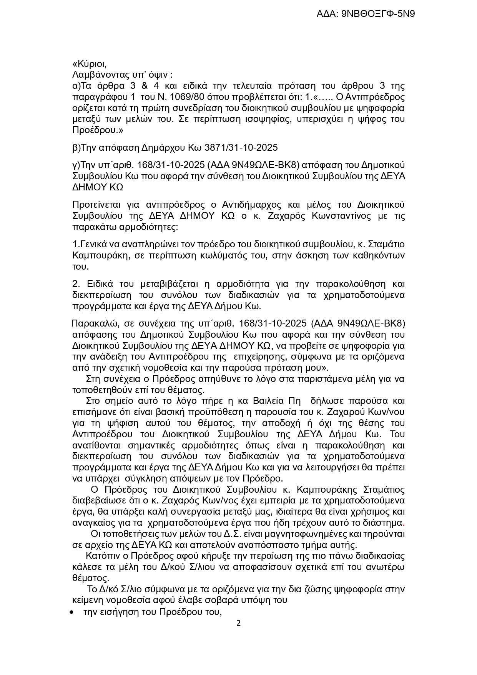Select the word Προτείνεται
pos(96,204)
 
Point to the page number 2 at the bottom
pos(238,623)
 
